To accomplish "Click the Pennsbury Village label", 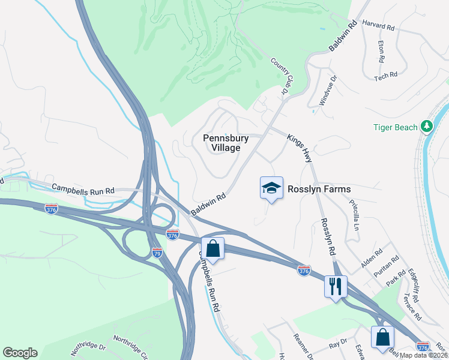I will point(221,143).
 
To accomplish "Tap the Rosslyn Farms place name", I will point(319,189).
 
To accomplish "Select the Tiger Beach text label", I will point(395,127).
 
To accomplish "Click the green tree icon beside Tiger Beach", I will point(427,126).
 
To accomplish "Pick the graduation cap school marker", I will point(271,188).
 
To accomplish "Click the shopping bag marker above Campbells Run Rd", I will point(212,247).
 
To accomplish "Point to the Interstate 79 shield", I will point(157,252).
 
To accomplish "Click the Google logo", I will point(20,353).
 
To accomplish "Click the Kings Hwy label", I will point(299,148).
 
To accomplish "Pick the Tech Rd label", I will point(385,76).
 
